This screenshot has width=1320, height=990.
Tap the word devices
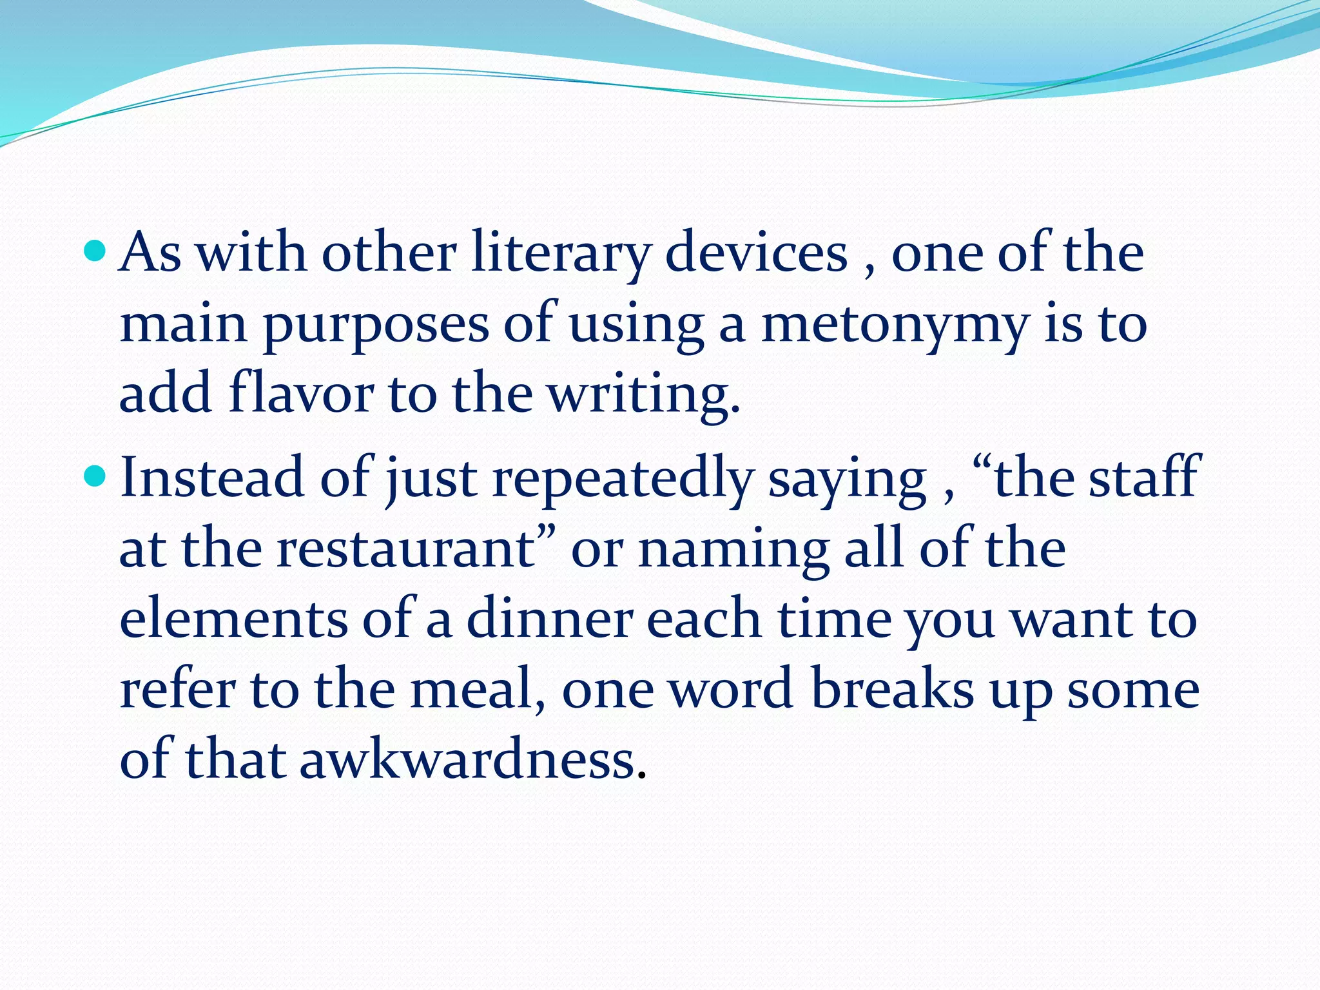pos(756,253)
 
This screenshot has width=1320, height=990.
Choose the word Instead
pos(212,478)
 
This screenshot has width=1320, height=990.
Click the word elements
pos(233,619)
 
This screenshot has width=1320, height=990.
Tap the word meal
pos(477,689)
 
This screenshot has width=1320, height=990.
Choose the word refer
pos(177,689)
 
